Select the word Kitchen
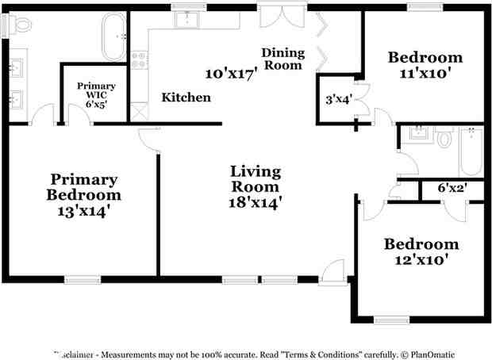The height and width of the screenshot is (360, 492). [186, 98]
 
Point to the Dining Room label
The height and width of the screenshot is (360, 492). [283, 59]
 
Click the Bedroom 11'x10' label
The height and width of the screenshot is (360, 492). [425, 65]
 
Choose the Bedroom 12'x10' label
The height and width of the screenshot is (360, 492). [421, 251]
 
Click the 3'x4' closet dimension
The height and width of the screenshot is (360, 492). [339, 100]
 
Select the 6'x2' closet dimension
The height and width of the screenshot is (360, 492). [452, 189]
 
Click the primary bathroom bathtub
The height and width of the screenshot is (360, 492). [115, 36]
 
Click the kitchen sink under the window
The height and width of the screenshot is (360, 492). [187, 20]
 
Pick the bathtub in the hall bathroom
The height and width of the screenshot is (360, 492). [470, 151]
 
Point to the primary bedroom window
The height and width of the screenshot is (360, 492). [83, 278]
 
